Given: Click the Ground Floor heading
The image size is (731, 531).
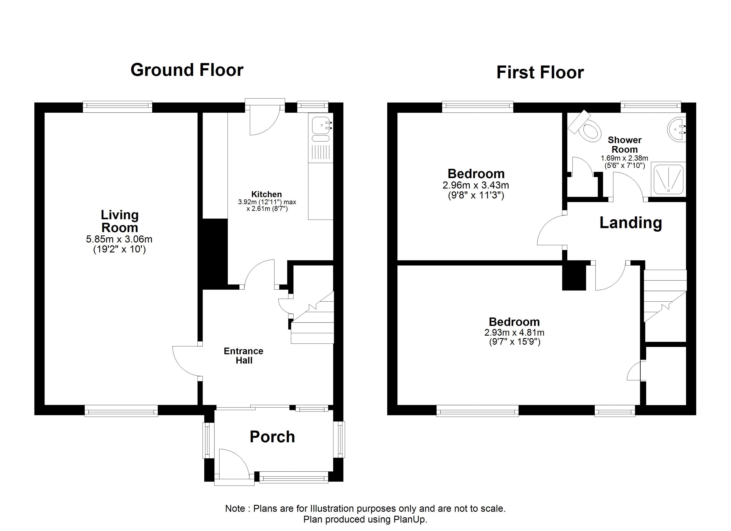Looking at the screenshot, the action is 187,70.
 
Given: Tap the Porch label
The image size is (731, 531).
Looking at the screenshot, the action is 272,437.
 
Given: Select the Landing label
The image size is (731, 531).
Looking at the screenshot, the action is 630,223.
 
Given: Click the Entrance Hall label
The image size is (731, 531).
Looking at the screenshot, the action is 244,356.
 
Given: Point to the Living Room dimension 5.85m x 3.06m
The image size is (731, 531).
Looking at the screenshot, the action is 119,239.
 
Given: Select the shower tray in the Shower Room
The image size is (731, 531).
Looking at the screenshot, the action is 668,179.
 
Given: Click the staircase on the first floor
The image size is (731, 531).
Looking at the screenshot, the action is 665,296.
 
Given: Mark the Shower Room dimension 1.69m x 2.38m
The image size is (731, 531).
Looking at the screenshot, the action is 624,158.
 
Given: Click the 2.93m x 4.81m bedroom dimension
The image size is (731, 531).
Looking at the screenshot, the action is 514,332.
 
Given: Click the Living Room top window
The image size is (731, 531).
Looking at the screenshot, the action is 118,107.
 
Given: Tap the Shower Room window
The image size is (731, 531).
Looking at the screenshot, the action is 651,107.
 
